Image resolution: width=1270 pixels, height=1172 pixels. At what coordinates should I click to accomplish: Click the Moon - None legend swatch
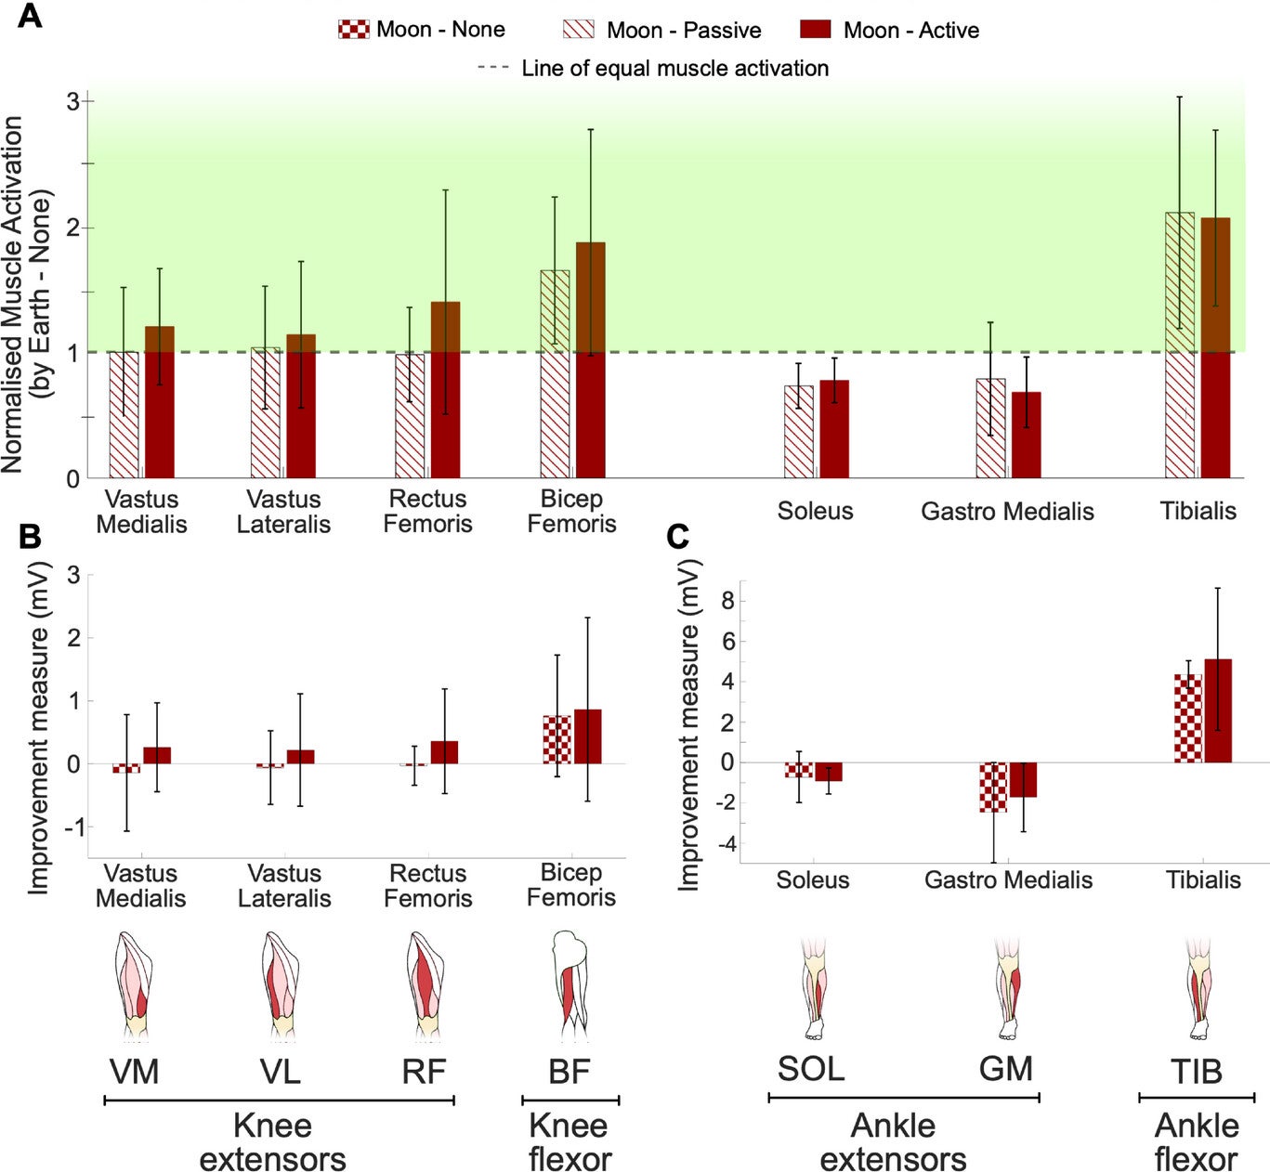pyautogui.click(x=354, y=30)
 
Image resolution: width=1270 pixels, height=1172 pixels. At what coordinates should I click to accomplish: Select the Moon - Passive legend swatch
pyautogui.click(x=578, y=30)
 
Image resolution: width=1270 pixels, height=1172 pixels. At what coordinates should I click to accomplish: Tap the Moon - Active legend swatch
pyautogui.click(x=815, y=30)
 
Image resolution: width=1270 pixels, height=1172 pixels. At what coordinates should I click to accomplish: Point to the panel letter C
pyautogui.click(x=679, y=537)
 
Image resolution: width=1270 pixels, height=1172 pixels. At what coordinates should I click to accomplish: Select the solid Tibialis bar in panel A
pyautogui.click(x=1215, y=348)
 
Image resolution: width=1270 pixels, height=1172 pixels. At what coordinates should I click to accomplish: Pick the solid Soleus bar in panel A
pyautogui.click(x=834, y=429)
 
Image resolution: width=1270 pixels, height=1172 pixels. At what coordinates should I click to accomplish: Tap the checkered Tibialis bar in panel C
pyautogui.click(x=1187, y=719)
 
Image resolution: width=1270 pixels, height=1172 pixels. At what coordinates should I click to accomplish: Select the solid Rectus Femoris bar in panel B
pyautogui.click(x=444, y=752)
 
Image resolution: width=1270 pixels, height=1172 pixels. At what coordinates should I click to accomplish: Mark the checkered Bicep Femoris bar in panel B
pyautogui.click(x=556, y=739)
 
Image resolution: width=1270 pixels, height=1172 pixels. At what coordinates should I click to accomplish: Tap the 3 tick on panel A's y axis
pyautogui.click(x=72, y=101)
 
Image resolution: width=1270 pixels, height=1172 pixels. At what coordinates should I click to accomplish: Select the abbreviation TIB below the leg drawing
pyautogui.click(x=1196, y=1072)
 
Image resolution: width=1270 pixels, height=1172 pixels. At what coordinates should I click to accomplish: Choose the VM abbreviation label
pyautogui.click(x=135, y=1072)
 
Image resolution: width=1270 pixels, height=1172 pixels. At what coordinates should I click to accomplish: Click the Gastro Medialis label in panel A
pyautogui.click(x=1007, y=512)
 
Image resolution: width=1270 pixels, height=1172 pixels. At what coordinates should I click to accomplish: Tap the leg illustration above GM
pyautogui.click(x=1007, y=988)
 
